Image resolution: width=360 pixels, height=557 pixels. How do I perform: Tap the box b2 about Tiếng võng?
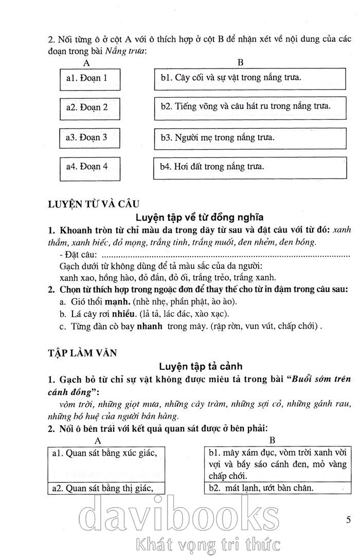point(249,108)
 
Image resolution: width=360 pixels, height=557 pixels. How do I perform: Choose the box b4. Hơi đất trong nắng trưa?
point(249,167)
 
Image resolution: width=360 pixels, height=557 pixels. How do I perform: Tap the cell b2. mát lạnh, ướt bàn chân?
point(272,488)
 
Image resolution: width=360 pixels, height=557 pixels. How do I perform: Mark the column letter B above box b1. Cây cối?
point(240,63)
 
